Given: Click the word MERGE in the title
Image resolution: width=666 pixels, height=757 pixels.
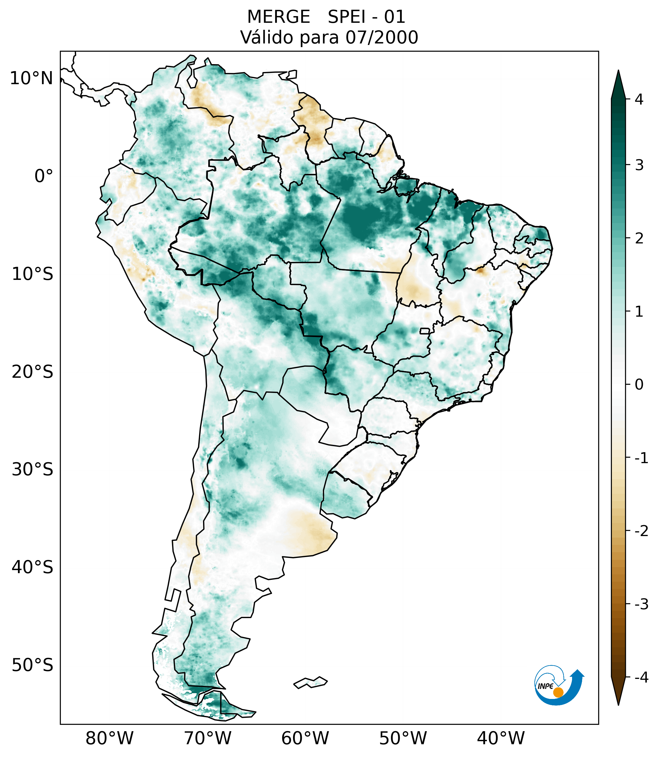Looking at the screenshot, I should (278, 17).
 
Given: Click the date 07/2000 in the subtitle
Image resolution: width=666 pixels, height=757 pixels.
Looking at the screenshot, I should (381, 37).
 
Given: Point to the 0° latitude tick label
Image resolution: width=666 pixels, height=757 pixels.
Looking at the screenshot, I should (44, 176).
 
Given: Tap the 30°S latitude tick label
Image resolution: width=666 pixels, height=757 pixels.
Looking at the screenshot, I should (33, 470).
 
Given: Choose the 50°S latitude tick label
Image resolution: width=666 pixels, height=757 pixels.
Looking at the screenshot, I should (33, 665).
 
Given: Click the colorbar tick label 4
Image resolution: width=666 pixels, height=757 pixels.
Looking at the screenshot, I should (639, 99).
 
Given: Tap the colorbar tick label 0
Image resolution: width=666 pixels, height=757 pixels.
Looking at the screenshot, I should (639, 385).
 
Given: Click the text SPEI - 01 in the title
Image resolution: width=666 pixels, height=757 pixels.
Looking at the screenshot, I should (366, 17).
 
